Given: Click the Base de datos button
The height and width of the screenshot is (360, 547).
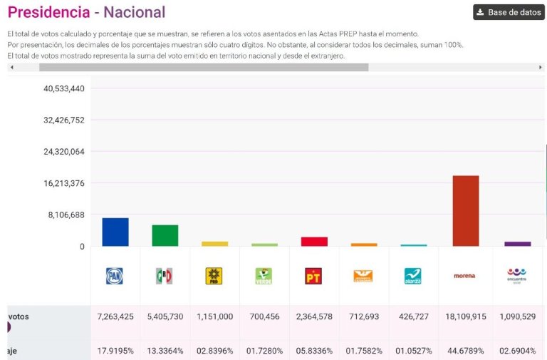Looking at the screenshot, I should pyautogui.click(x=509, y=12).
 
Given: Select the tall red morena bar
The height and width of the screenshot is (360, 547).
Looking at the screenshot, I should pyautogui.click(x=466, y=210).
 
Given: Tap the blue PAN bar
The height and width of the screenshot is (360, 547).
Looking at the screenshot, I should pyautogui.click(x=115, y=232).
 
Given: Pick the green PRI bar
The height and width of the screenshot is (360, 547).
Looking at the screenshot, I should pyautogui.click(x=165, y=235).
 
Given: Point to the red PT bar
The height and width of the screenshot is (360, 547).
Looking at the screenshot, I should pyautogui.click(x=314, y=242).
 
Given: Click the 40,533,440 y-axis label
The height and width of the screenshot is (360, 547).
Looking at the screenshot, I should pyautogui.click(x=64, y=88).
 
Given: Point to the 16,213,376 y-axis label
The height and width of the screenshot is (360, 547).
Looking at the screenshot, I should pyautogui.click(x=64, y=183).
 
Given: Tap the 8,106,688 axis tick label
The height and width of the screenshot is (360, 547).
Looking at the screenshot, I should pyautogui.click(x=66, y=215).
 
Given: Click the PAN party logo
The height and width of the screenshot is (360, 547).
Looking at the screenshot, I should pyautogui.click(x=115, y=276).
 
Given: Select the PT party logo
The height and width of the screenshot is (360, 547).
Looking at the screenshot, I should pyautogui.click(x=313, y=276).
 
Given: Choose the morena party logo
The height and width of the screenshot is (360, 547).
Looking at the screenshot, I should pyautogui.click(x=464, y=276).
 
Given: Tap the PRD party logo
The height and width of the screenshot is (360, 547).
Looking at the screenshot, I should pyautogui.click(x=214, y=276).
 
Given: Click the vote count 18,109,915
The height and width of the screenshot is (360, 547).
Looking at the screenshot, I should pyautogui.click(x=464, y=317).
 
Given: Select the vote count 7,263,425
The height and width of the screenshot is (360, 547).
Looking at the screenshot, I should pyautogui.click(x=115, y=317).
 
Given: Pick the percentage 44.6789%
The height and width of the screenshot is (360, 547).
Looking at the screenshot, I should pyautogui.click(x=464, y=351).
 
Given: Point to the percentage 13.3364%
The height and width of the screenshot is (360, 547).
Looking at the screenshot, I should pyautogui.click(x=165, y=351).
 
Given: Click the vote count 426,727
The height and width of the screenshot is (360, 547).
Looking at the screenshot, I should pyautogui.click(x=414, y=317).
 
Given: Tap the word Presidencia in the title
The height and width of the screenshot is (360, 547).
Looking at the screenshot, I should pyautogui.click(x=49, y=12).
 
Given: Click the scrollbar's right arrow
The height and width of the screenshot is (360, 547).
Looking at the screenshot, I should pyautogui.click(x=541, y=67).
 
